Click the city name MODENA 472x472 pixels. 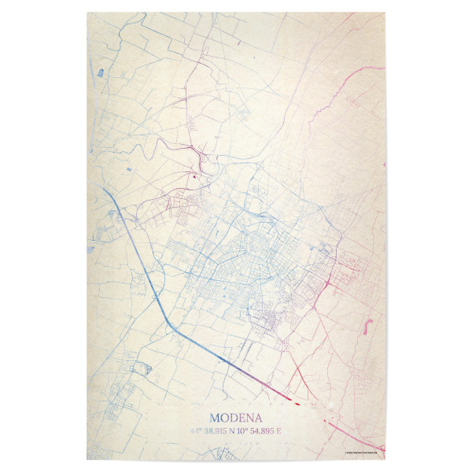tap(236, 418)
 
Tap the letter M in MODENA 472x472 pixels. tap(216, 418)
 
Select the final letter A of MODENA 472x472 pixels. tap(257, 418)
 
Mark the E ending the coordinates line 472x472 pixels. tap(278, 431)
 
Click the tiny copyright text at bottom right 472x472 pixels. tap(364, 451)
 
